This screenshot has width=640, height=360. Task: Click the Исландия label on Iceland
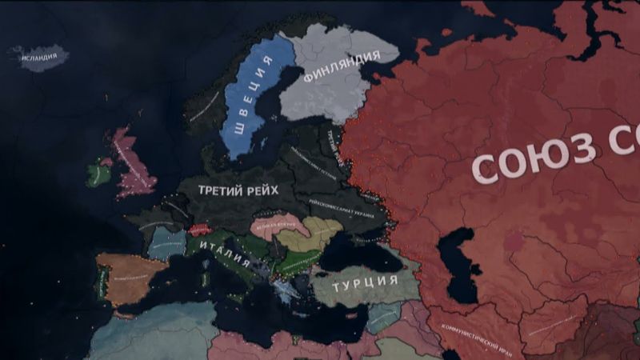(38, 57)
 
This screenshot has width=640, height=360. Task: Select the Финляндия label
(342, 68)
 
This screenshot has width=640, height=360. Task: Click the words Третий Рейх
(239, 190)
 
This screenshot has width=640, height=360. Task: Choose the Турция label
(365, 282)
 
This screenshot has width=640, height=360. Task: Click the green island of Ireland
(98, 172)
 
